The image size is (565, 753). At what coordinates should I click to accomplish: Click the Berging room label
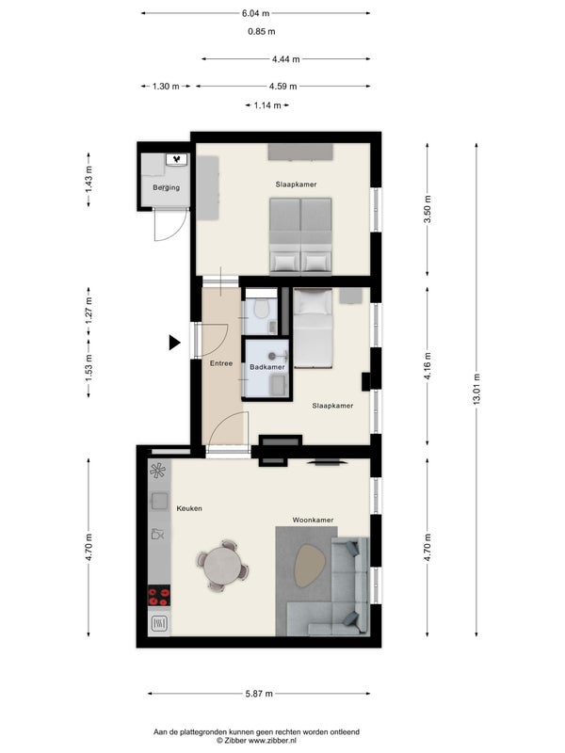point(167,187)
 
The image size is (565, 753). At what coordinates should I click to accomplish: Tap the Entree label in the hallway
point(221,363)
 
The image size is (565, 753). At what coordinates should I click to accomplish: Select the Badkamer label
point(267,367)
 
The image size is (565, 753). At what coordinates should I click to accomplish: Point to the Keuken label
point(189,508)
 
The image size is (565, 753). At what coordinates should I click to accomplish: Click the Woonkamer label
point(313,520)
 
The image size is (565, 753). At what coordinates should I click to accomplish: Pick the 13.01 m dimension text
point(476,390)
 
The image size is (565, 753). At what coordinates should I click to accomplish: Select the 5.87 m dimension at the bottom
point(259,694)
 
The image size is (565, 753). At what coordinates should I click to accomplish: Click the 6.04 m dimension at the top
point(255,13)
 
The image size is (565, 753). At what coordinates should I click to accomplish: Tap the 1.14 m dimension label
point(267,105)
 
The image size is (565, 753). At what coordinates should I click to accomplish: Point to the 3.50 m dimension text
point(428,209)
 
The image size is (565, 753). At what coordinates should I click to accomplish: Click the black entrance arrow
point(174,343)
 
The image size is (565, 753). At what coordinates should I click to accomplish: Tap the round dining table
point(222,567)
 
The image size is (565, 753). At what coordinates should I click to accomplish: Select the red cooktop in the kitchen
point(158,596)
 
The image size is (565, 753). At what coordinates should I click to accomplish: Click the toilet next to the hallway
point(261,309)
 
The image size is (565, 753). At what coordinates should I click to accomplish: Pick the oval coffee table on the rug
point(311,566)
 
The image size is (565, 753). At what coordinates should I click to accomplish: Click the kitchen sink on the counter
point(158,501)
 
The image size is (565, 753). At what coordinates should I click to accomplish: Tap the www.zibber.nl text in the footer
point(272,740)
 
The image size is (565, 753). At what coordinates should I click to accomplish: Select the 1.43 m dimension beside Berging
point(89,180)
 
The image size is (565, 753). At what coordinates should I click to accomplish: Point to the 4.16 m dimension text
point(428,366)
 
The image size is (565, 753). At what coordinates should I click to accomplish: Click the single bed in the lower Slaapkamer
point(313,328)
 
